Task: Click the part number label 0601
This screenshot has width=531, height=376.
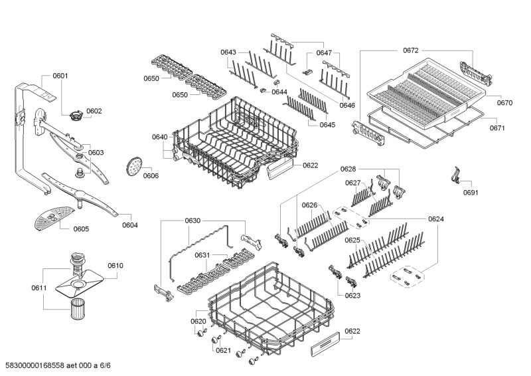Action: [60, 76]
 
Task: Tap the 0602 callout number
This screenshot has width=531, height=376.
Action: [94, 111]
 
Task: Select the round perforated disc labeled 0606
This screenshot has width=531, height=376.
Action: [134, 166]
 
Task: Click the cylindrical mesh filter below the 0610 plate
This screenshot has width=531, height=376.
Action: [79, 309]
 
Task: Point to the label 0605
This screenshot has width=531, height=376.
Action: [81, 229]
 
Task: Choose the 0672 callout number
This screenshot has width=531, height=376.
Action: [410, 50]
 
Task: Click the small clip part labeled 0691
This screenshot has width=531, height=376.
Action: [455, 175]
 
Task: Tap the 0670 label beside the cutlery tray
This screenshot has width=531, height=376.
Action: [504, 103]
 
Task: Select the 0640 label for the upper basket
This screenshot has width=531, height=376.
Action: [159, 137]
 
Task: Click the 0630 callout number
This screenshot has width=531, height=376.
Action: [192, 221]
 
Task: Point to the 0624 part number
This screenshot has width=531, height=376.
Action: [436, 219]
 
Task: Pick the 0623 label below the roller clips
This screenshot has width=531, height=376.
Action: [352, 296]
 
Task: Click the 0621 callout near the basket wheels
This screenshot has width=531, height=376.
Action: [223, 351]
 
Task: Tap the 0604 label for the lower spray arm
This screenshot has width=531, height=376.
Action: [130, 225]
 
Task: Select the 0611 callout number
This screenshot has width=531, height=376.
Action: [39, 288]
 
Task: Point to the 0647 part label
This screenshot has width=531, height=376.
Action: [324, 53]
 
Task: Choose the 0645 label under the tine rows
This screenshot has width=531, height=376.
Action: [327, 125]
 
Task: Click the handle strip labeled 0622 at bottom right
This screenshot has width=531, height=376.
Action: [325, 343]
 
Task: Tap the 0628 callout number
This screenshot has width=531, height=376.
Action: [348, 169]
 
